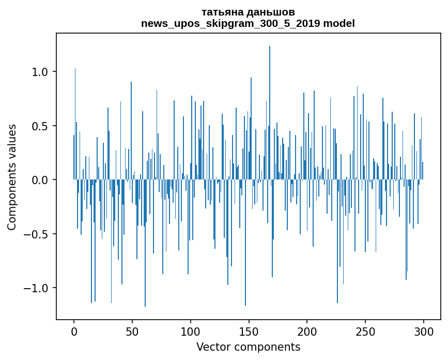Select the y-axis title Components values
pyautogui.click(x=12, y=177)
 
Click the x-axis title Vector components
pyautogui.click(x=248, y=347)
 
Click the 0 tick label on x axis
pyautogui.click(x=74, y=331)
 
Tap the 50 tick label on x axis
pyautogui.click(x=132, y=331)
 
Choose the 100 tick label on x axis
pyautogui.click(x=191, y=331)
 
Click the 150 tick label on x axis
pyautogui.click(x=249, y=331)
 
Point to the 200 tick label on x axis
pyautogui.click(x=307, y=331)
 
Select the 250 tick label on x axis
pyautogui.click(x=365, y=331)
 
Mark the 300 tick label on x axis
pyautogui.click(x=424, y=331)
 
